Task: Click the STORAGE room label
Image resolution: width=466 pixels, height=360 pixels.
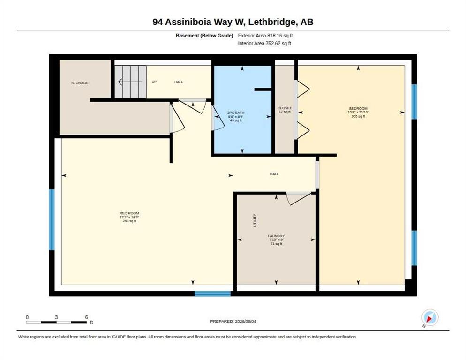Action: pyautogui.click(x=80, y=83)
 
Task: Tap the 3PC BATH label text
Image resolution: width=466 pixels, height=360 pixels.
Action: pyautogui.click(x=236, y=112)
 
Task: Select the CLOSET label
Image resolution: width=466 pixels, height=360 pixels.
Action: pyautogui.click(x=285, y=108)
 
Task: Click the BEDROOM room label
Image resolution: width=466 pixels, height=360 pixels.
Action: pyautogui.click(x=358, y=108)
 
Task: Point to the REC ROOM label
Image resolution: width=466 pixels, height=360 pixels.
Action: pyautogui.click(x=129, y=213)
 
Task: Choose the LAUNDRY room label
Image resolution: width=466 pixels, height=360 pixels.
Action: pyautogui.click(x=276, y=236)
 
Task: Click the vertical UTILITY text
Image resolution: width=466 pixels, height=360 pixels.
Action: pyautogui.click(x=255, y=221)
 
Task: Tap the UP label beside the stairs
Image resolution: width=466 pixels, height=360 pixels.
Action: pyautogui.click(x=154, y=82)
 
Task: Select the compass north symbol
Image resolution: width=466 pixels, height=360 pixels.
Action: pyautogui.click(x=429, y=317)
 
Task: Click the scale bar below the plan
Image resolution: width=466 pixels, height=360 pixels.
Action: pyautogui.click(x=56, y=322)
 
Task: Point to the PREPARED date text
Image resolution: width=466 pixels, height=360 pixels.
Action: pyautogui.click(x=233, y=322)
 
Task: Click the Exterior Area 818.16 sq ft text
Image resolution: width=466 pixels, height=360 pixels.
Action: pyautogui.click(x=265, y=36)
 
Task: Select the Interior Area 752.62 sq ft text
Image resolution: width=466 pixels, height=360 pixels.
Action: pyautogui.click(x=264, y=44)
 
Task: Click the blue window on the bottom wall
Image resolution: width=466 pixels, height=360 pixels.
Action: pyautogui.click(x=212, y=294)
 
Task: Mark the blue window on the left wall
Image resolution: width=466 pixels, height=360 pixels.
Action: pyautogui.click(x=52, y=220)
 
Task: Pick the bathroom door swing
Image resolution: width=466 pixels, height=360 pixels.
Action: pyautogui.click(x=218, y=118)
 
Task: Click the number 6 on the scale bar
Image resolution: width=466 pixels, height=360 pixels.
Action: pyautogui.click(x=86, y=317)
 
